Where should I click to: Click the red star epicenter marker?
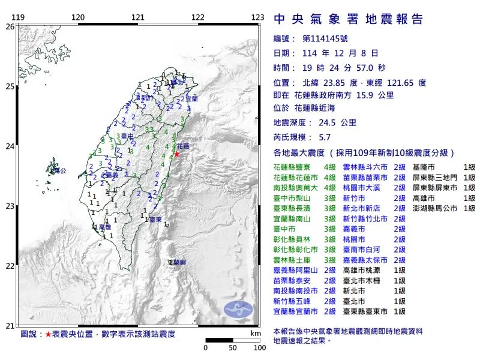[176, 154]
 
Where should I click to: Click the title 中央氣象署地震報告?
[349, 19]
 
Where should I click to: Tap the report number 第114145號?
[323, 38]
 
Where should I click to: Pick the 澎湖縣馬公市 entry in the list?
[439, 208]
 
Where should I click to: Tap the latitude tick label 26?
[10, 26]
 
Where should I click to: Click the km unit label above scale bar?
[256, 333]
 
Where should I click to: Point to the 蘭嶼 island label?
[177, 262]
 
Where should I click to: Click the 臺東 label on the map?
[155, 220]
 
